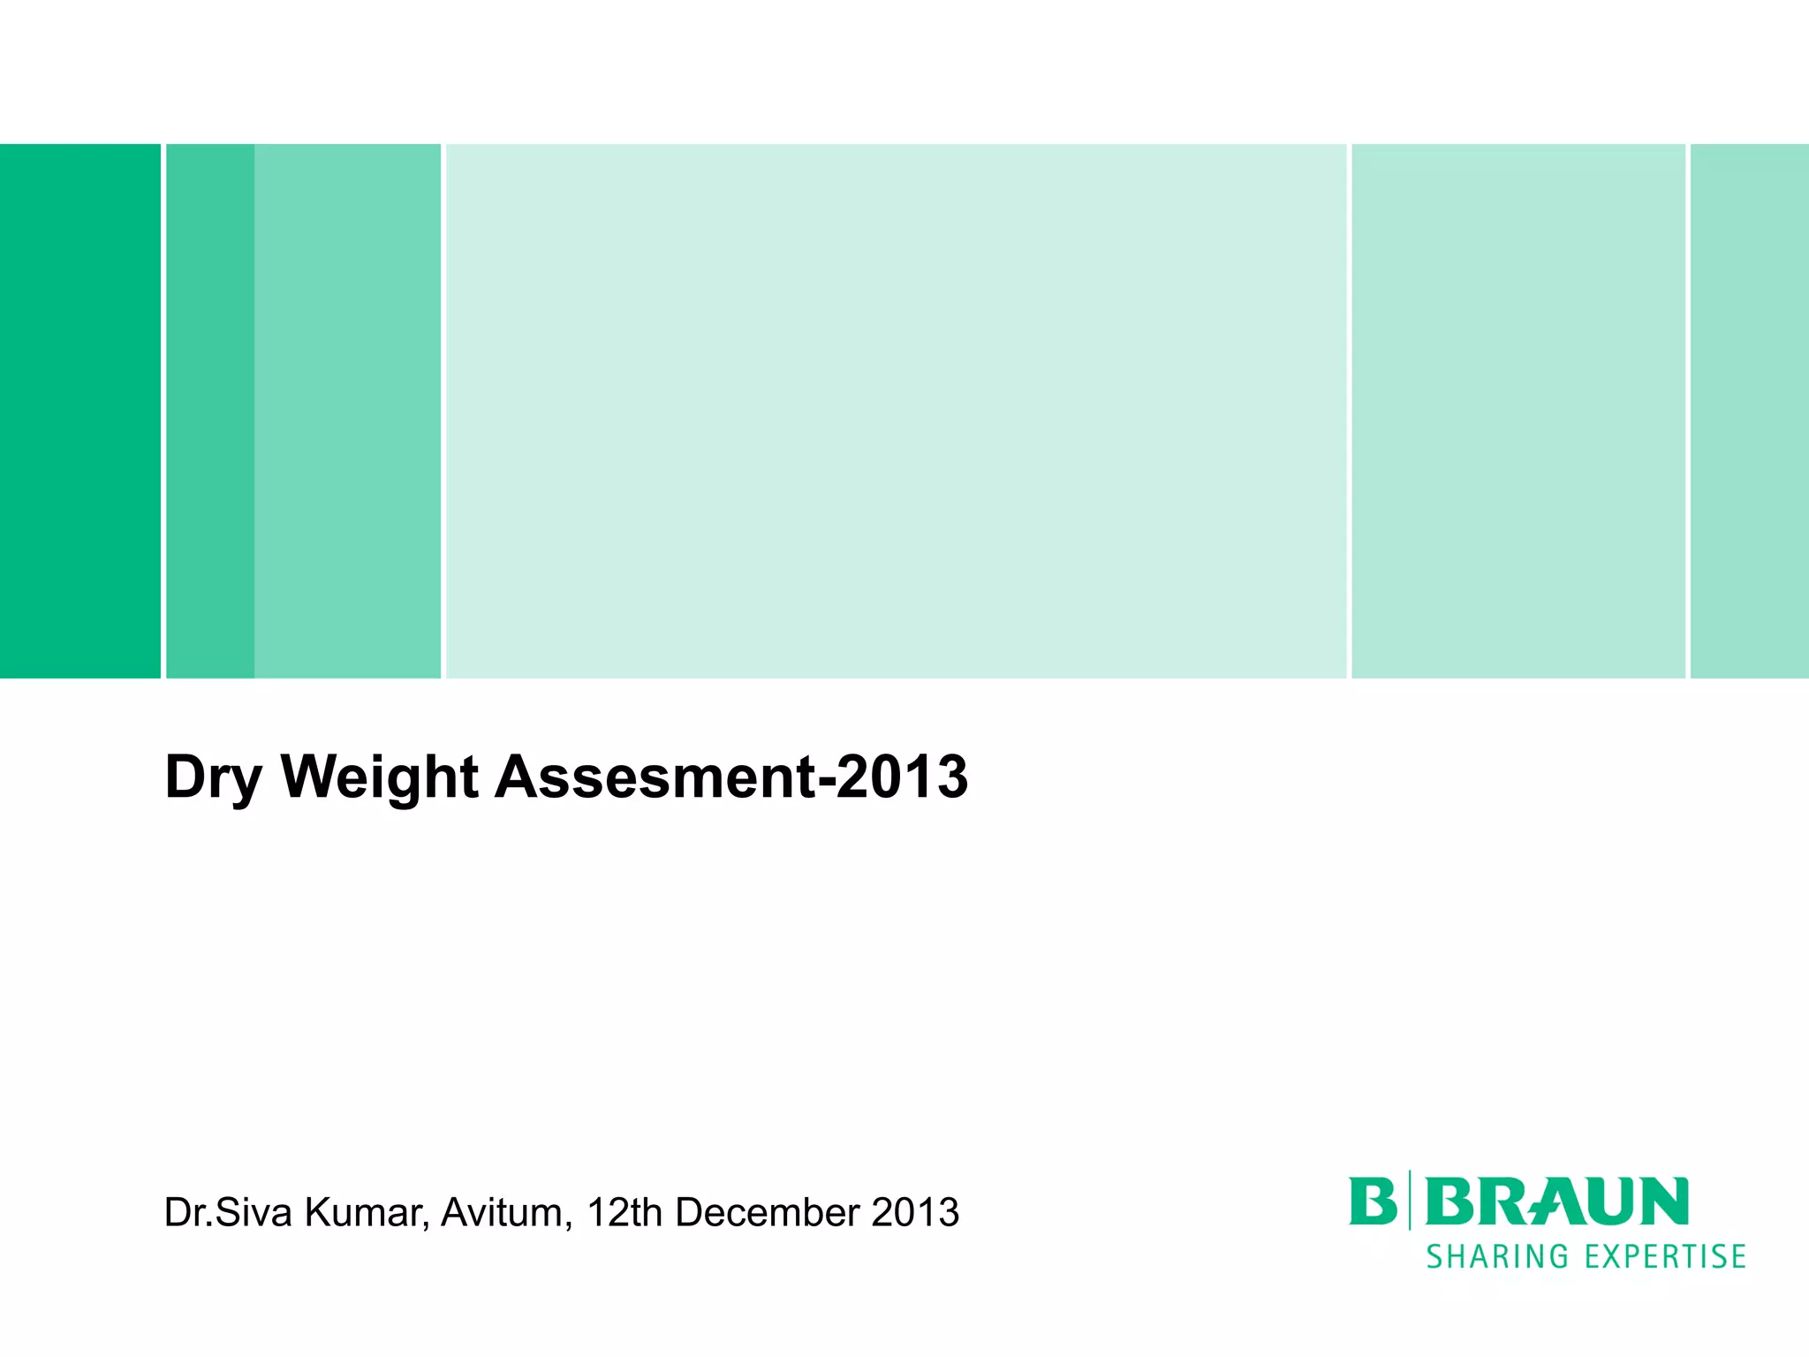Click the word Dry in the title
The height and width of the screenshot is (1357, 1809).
point(212,778)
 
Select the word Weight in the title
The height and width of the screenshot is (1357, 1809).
point(380,778)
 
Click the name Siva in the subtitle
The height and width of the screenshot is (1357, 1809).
point(254,1213)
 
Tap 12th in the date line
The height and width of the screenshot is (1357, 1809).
point(624,1213)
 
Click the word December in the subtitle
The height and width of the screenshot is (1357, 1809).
point(768,1213)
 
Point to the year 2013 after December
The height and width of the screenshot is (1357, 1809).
point(915,1213)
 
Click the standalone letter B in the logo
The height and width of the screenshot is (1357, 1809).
point(1372,1202)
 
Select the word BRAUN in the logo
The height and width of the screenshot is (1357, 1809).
point(1556,1202)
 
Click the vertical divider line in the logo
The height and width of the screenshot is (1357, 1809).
point(1410,1200)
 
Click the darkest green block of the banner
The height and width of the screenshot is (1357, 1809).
point(79,411)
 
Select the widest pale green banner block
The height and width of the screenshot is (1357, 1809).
point(896,411)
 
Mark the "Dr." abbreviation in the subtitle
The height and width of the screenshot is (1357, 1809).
point(187,1213)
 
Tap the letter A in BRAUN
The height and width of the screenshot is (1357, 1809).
point(1556,1202)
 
